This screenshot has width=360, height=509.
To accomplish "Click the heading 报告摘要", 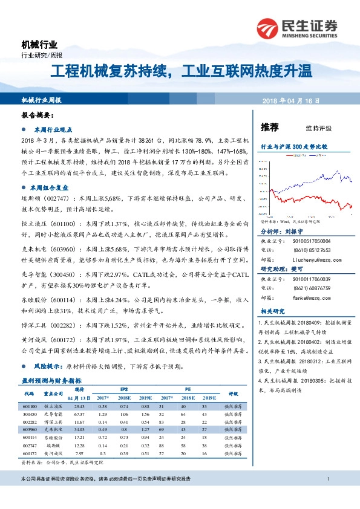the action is pyautogui.click(x=37, y=115).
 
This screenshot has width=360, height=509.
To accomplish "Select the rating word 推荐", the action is pyautogui.click(x=269, y=128).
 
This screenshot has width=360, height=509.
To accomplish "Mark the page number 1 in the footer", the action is pyautogui.click(x=327, y=480).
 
